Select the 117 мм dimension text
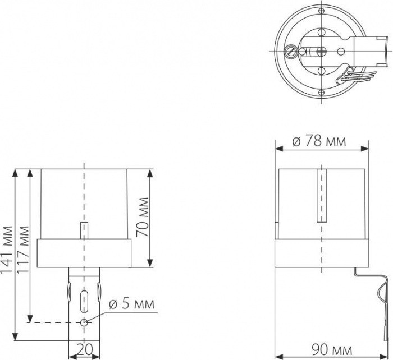tap(24, 248)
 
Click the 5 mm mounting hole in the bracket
tap(84, 322)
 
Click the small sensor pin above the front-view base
tap(83, 230)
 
